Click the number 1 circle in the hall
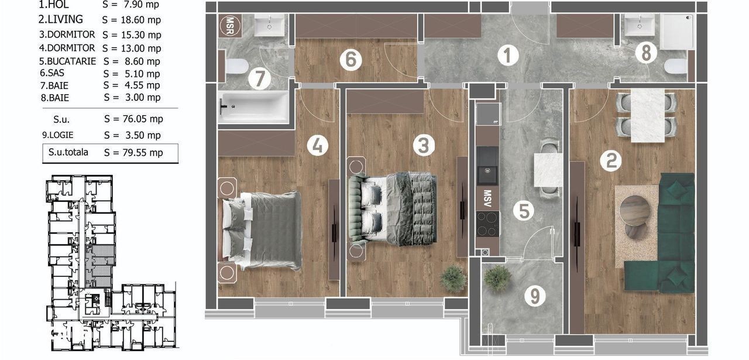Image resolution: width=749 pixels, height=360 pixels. click(507, 55)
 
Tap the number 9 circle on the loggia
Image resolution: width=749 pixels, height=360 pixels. click(535, 296)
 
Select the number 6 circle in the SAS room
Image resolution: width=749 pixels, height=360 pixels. click(351, 60)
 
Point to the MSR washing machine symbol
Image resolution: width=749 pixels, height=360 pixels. click(230, 26)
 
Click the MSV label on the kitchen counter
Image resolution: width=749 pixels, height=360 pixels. click(487, 198)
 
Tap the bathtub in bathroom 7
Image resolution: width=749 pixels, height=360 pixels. click(253, 107)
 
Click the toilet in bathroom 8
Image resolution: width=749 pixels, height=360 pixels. click(675, 66)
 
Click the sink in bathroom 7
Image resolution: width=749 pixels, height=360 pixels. click(270, 25)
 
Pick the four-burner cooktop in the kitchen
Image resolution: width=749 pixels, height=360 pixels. click(488, 224)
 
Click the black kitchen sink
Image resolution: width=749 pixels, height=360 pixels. click(488, 174)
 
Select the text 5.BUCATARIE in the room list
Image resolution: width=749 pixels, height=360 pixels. click(67, 61)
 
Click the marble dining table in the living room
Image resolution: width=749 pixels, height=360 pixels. click(647, 115)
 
